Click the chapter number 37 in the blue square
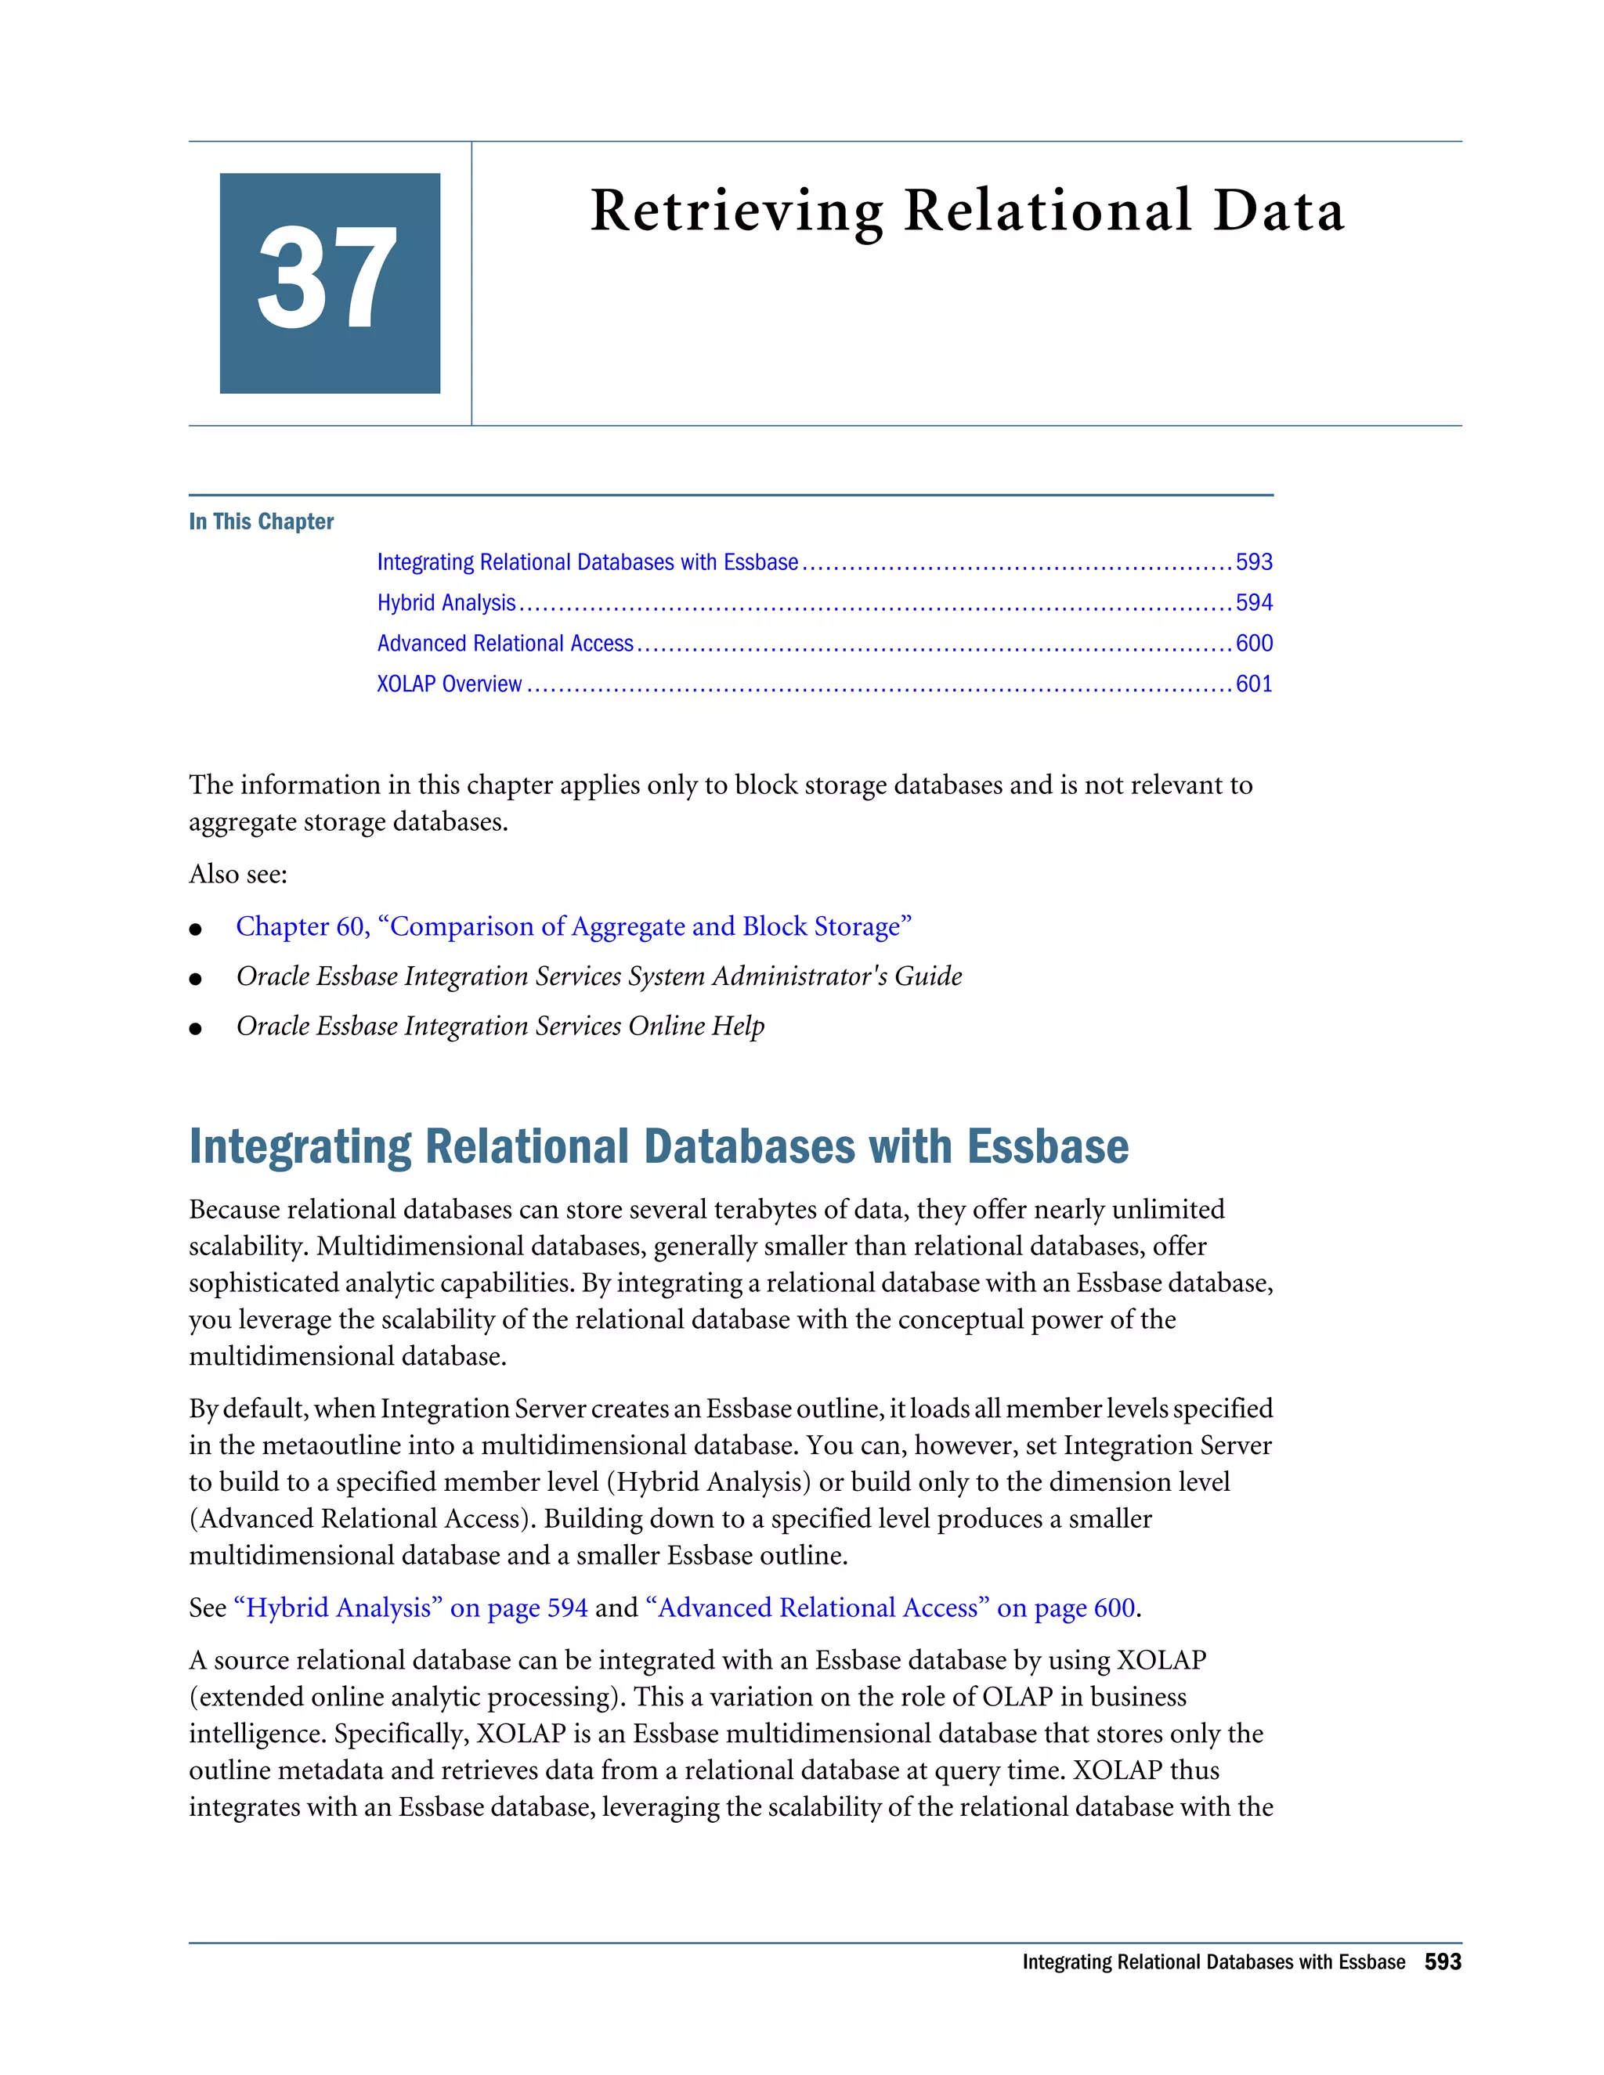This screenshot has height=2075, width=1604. click(x=328, y=280)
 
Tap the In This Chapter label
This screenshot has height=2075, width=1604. click(x=262, y=521)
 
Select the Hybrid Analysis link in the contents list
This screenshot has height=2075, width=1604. click(x=446, y=603)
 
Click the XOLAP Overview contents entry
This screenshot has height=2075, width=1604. click(x=449, y=685)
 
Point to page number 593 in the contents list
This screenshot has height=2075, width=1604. click(x=1253, y=562)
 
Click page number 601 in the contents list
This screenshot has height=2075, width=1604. click(x=1253, y=685)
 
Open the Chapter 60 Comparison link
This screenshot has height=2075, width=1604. click(x=573, y=926)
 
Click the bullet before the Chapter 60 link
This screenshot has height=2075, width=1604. click(x=196, y=929)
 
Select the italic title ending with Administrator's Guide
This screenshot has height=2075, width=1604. click(x=598, y=976)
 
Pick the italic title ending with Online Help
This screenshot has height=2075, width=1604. click(x=500, y=1026)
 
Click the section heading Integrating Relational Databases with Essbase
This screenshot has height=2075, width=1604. click(x=659, y=1147)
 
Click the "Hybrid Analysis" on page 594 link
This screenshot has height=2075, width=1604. click(x=410, y=1608)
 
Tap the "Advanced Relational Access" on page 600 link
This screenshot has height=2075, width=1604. click(x=890, y=1608)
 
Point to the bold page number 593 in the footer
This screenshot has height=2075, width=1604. click(x=1443, y=1962)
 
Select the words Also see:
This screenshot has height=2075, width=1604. click(x=237, y=874)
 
